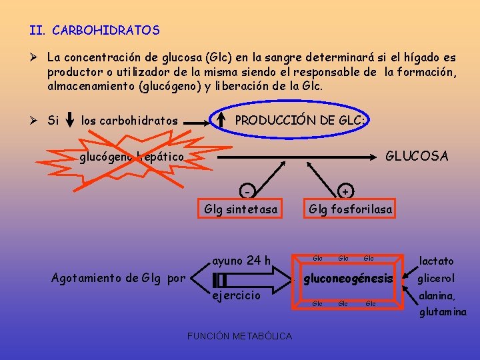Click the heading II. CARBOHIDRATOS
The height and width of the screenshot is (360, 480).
click(x=95, y=31)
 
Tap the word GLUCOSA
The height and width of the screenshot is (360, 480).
click(x=417, y=156)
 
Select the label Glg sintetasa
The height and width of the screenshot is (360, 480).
click(x=241, y=209)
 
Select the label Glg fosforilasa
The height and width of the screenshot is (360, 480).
click(x=350, y=209)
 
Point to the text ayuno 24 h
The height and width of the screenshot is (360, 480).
click(x=241, y=260)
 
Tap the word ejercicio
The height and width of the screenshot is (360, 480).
click(x=236, y=295)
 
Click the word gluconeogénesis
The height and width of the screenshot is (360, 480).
click(x=349, y=278)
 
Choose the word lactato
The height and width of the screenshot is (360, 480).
click(x=436, y=261)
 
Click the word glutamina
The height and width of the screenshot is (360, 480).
click(x=443, y=312)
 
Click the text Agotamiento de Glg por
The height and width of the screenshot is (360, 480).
click(x=118, y=278)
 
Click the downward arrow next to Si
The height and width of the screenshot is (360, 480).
click(x=71, y=121)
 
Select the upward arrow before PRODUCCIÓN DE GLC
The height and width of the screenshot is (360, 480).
click(x=221, y=121)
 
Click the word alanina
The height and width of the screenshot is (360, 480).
click(x=437, y=296)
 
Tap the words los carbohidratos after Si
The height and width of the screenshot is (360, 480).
click(x=129, y=121)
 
